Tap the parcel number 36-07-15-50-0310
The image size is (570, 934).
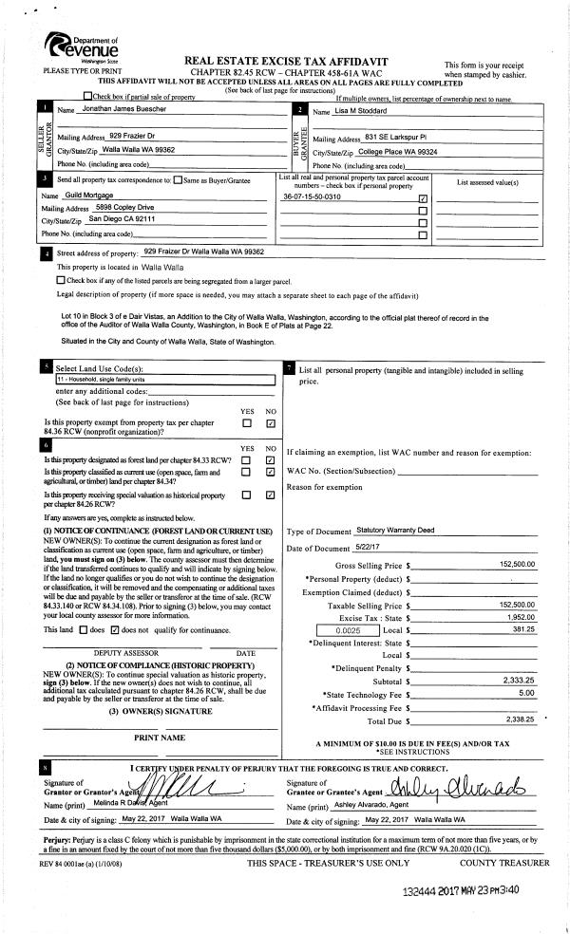(313, 196)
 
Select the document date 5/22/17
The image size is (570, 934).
(367, 548)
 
